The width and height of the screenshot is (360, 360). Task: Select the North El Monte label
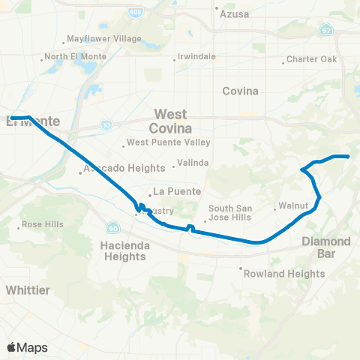[x=76, y=57]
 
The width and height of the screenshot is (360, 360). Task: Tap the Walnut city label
[x=291, y=205]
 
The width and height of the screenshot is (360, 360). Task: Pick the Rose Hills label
[x=42, y=225]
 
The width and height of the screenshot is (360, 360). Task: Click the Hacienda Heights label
[x=122, y=250]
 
